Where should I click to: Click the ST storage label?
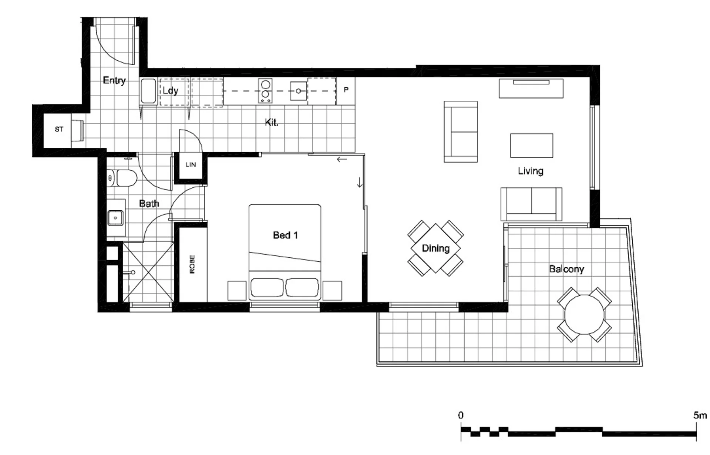59,129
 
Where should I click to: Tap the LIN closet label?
191,165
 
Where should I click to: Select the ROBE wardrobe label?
192,264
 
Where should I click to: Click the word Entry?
114,81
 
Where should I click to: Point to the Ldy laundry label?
171,91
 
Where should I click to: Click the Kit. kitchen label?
272,122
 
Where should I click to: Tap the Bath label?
149,203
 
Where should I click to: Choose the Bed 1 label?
285,235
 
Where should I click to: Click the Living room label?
531,171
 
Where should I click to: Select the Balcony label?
566,269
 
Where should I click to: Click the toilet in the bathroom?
122,178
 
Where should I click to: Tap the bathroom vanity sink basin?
115,218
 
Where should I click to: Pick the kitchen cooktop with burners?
265,91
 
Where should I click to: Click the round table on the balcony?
584,315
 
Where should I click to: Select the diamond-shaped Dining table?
435,248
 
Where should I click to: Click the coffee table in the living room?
532,145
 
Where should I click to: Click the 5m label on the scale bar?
700,415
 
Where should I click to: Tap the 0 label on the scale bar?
461,415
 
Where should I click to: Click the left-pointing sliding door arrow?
342,160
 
